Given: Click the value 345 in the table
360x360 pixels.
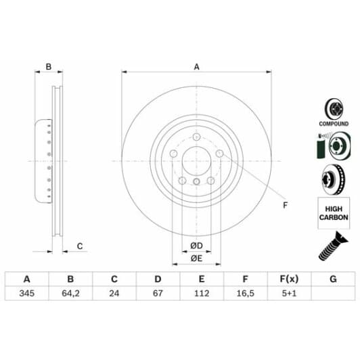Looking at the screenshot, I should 27,294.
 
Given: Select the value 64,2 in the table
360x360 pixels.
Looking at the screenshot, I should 70,294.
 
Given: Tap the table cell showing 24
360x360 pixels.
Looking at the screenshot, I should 114,294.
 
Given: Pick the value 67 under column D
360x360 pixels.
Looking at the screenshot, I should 158,294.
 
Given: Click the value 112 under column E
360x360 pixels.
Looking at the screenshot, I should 201,294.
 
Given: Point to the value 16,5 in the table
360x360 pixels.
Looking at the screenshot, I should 245,294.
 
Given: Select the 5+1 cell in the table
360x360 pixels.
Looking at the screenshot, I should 289,294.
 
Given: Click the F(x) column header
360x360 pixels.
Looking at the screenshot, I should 289,279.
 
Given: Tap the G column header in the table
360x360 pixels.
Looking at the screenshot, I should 332,279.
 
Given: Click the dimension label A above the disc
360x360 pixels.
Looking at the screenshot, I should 197,66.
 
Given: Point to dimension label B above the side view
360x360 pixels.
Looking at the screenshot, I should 48,66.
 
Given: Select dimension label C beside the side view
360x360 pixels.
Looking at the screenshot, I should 79,246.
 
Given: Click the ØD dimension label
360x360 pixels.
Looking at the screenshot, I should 196,244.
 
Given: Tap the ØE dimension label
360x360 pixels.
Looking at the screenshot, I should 196,258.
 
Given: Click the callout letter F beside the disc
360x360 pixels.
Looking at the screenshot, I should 285,205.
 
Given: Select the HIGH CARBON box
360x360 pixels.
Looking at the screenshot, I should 333,213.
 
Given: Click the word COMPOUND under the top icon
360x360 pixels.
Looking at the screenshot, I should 334,125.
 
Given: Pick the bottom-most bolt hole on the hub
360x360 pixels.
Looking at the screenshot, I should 197,183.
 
